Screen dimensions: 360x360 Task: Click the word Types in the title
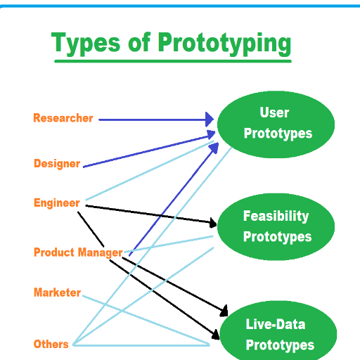click(86, 44)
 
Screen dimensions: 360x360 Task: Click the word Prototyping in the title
click(224, 44)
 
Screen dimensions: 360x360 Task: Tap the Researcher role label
click(63, 118)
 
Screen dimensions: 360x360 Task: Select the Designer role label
click(57, 164)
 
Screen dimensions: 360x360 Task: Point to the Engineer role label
click(57, 203)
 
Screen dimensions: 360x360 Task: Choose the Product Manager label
click(78, 252)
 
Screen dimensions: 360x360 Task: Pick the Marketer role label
click(58, 292)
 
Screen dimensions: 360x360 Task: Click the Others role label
click(51, 344)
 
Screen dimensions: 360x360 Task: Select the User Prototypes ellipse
click(276, 124)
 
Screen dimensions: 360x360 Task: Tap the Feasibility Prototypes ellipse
click(276, 226)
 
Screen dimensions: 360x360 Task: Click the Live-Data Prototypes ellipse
click(278, 330)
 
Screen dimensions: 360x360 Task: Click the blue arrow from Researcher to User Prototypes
click(156, 120)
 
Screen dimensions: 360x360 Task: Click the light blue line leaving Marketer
click(146, 320)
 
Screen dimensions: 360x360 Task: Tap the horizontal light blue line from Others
click(141, 345)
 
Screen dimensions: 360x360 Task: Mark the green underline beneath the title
click(173, 61)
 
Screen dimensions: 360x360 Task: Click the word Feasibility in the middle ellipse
click(276, 216)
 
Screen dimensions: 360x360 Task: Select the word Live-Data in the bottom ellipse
click(276, 324)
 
